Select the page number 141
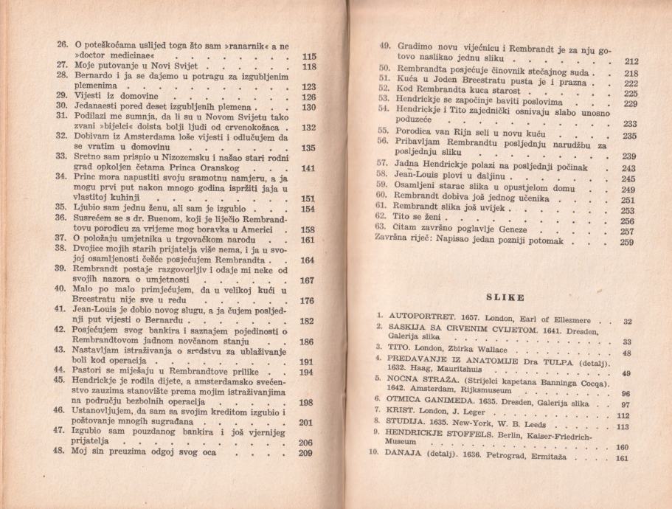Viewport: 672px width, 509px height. tap(308, 168)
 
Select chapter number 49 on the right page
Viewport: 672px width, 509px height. tap(384, 46)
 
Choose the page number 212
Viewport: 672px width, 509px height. tap(631, 61)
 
